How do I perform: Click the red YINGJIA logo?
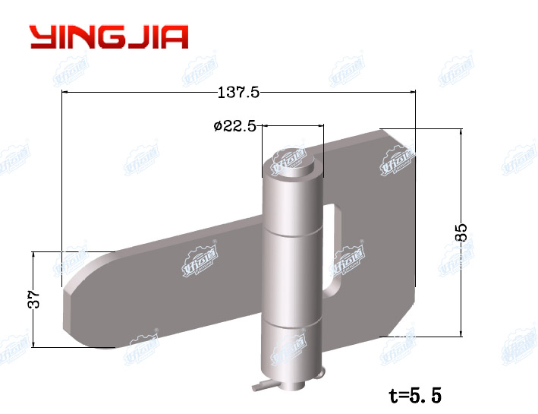click(108, 36)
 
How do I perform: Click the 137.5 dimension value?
click(238, 93)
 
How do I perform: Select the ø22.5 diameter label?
click(235, 126)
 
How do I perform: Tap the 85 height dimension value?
click(461, 232)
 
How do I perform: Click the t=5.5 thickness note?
click(414, 395)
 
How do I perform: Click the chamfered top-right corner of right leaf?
click(398, 141)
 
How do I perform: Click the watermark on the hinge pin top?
click(291, 163)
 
